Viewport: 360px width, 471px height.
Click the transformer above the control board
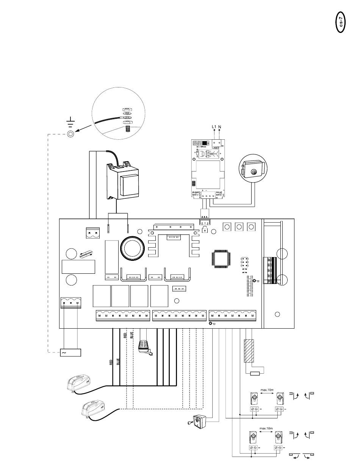(x=121, y=182)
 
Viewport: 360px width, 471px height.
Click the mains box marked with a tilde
(x=71, y=352)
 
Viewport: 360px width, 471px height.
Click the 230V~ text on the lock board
(x=213, y=148)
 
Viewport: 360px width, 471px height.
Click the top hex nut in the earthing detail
(x=127, y=109)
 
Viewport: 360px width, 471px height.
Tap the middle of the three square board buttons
(x=239, y=227)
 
